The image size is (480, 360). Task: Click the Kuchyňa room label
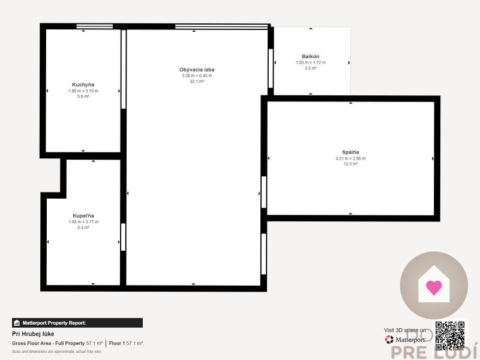point(83,85)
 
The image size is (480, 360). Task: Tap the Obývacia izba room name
point(197,70)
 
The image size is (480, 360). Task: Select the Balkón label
point(310,56)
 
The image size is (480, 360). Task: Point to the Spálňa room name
point(350,152)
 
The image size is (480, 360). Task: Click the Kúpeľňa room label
point(83,215)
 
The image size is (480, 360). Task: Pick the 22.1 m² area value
point(197,82)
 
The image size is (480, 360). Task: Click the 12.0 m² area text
point(350,164)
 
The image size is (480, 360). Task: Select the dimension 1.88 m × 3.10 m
point(83,91)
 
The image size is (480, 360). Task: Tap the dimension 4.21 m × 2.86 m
point(350,158)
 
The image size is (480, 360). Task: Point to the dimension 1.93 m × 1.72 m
point(310,62)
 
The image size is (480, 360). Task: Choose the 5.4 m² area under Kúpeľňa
point(83,227)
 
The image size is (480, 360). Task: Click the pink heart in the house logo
point(433,287)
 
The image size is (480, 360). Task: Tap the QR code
point(450,335)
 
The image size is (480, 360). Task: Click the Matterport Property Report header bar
point(77,323)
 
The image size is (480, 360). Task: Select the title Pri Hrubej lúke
point(33,334)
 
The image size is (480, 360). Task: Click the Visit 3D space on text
point(405,330)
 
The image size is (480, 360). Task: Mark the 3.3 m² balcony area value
point(310,68)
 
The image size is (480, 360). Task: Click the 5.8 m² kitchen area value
point(83,97)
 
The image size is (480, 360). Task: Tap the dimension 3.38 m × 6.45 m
point(197,76)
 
